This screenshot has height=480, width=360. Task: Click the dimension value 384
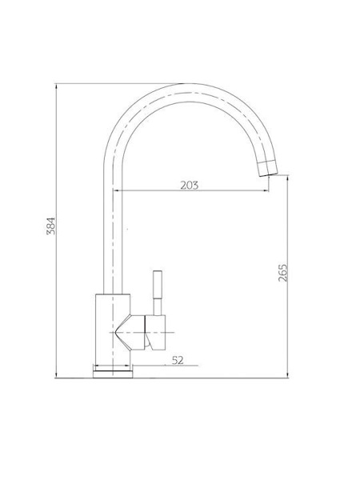tap(51, 226)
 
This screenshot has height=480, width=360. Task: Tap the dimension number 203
tap(189, 186)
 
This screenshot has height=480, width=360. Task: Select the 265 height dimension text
tap(282, 273)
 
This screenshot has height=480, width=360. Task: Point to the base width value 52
tap(178, 360)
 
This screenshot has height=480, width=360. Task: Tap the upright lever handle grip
tap(158, 284)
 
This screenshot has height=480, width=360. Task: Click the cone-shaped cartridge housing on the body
tap(130, 332)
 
